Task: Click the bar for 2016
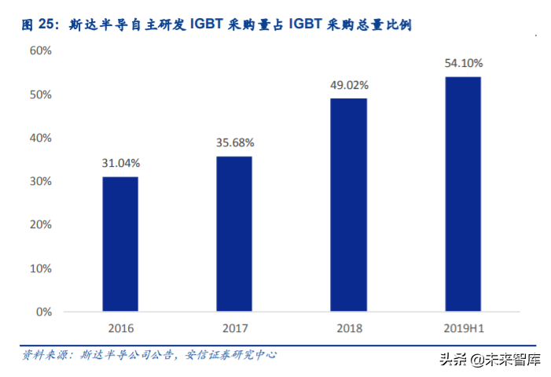tap(120, 244)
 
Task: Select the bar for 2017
tap(234, 234)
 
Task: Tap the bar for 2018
tap(348, 205)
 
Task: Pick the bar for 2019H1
tap(463, 194)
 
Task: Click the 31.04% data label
tap(120, 164)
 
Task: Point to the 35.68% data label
tap(234, 143)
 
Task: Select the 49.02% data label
tap(348, 85)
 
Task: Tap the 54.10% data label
tap(463, 63)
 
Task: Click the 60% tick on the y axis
tap(41, 51)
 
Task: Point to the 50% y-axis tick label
tap(41, 94)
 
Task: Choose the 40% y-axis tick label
tap(41, 138)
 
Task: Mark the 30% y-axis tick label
tap(41, 182)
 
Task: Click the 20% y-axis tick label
tap(41, 225)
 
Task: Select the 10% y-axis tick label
tap(41, 268)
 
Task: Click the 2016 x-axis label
tap(120, 327)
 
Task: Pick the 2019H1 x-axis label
tap(463, 327)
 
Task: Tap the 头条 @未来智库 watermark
tap(501, 360)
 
